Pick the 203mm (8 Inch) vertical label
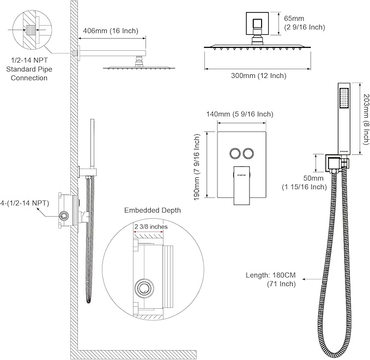tap(366, 118)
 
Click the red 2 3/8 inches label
tap(149, 225)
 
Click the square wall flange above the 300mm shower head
tap(255, 24)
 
